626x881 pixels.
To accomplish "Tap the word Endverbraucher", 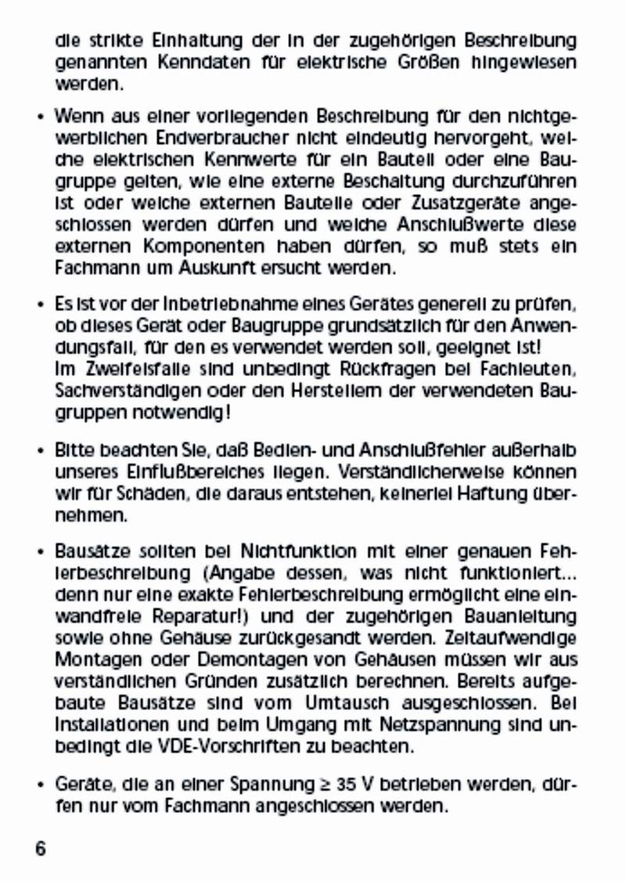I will click(x=188, y=139).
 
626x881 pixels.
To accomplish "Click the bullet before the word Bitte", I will click(x=40, y=452).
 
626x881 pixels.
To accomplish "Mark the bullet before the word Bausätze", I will click(x=40, y=552).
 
